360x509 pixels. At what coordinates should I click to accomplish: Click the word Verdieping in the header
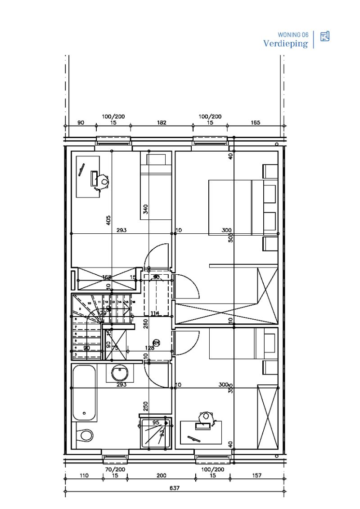285,44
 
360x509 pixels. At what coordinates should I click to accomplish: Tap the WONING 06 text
293,35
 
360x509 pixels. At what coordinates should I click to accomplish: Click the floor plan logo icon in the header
325,36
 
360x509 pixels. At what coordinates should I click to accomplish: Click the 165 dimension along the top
255,122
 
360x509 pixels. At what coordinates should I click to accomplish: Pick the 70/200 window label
115,469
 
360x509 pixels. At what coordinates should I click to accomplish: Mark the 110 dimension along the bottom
84,475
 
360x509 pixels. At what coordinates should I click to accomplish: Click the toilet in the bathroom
85,435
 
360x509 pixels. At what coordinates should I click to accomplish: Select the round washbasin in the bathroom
120,373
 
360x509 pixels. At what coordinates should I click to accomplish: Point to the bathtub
84,393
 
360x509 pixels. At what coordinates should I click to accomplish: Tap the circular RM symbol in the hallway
156,342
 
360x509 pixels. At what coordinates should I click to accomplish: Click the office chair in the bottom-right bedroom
207,416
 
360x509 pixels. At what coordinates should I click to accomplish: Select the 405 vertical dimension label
108,220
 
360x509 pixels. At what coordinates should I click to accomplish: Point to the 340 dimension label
146,209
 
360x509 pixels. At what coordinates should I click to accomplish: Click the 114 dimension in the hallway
155,313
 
